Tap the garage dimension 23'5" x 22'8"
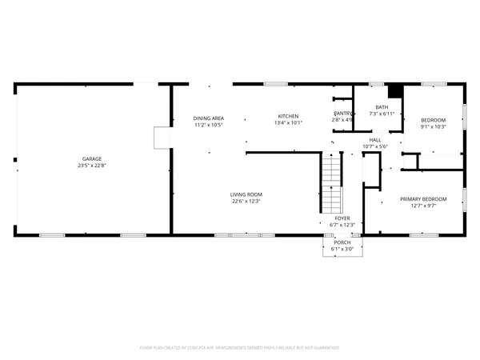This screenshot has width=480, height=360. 90,166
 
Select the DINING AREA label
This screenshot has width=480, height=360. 208,118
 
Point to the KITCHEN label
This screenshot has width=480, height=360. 288,116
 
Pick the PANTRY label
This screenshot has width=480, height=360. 343,114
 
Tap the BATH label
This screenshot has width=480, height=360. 382,107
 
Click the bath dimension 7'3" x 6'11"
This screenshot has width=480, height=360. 382,114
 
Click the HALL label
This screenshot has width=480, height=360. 374,139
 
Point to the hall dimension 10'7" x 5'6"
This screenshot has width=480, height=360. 374,146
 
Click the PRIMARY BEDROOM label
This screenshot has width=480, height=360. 423,198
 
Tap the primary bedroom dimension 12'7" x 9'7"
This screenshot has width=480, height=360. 423,206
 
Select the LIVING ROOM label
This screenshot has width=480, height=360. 246,194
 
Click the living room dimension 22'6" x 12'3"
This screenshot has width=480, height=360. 246,202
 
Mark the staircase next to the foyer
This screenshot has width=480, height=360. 332,181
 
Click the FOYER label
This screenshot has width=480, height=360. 342,218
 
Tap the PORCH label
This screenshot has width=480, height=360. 342,242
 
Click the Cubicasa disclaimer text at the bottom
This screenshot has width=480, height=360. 240,348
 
